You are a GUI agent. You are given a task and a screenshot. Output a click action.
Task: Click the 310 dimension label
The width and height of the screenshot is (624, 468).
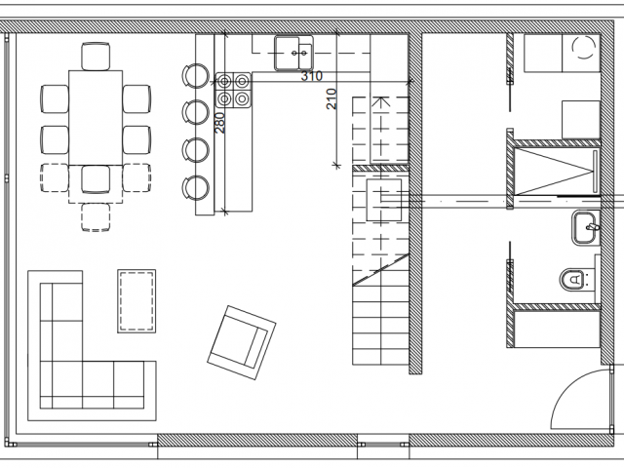coord(312,76)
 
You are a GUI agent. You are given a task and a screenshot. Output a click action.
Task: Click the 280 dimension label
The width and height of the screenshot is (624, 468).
coord(219,123)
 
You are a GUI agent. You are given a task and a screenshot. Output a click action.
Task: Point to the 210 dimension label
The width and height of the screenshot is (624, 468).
coord(331,99)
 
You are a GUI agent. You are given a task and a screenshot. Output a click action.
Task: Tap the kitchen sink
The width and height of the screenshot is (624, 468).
coord(293,53)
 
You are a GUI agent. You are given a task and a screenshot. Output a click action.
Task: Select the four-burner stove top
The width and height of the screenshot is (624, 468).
coord(234,90)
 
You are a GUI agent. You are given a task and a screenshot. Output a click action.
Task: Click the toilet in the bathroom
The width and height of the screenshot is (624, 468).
coord(574,279)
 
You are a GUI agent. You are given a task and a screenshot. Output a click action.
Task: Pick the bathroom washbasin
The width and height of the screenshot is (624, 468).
coord(586,227)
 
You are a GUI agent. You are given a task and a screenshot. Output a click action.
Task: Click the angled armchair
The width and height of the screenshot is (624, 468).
coord(242,342)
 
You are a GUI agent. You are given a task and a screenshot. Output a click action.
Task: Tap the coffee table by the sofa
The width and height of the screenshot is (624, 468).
coord(136,301)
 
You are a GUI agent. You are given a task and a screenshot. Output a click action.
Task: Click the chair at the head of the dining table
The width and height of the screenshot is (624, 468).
coord(96,57)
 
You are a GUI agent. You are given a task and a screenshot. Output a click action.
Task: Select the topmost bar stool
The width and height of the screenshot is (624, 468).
coord(195,76)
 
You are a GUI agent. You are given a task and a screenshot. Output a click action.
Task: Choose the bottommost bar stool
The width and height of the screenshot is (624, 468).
coord(195,187)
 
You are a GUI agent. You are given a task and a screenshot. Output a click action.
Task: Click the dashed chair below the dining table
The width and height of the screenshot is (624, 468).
coord(96,217)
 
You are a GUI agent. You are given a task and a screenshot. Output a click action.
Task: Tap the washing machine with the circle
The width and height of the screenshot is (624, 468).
coord(581,53)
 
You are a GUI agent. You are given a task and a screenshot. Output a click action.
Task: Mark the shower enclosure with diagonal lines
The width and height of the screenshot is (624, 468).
coord(557,172)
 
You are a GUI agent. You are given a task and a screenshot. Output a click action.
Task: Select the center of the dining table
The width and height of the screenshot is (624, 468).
coord(96,118)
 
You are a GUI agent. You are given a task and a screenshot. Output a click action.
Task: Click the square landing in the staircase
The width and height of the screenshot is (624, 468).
coord(383,200)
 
